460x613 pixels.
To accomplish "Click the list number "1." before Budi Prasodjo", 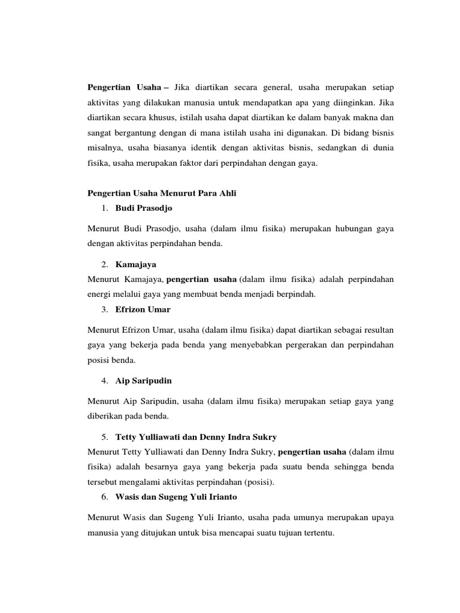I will [x=104, y=208].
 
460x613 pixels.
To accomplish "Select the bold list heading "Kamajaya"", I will [x=137, y=265].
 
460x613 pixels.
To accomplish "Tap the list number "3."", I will [x=104, y=309].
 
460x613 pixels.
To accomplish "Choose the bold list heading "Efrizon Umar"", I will [x=143, y=309].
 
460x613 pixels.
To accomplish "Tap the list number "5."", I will [x=104, y=436].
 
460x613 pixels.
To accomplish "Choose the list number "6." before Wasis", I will [x=104, y=497].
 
